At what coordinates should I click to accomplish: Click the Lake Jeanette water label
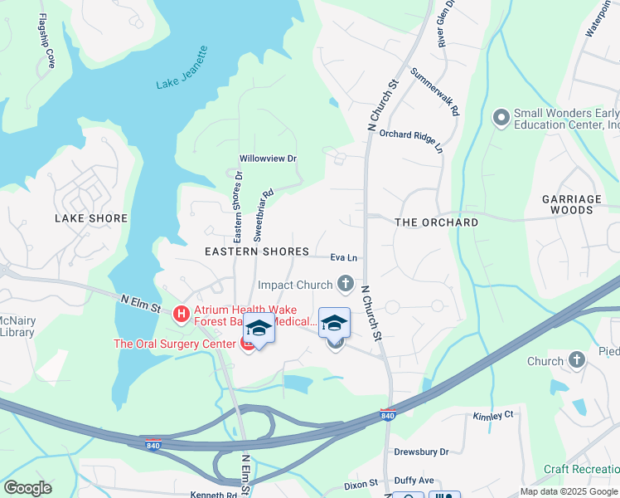tap(182, 68)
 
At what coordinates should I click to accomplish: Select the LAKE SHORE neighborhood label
tap(91, 218)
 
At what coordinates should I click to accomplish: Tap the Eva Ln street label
tap(343, 257)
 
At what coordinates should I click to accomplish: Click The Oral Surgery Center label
tap(175, 344)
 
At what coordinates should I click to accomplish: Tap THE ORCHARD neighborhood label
tap(437, 222)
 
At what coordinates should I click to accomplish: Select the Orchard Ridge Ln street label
tap(412, 140)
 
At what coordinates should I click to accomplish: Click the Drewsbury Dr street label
tap(421, 452)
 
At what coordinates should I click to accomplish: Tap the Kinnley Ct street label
tap(493, 415)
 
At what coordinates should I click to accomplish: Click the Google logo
tap(27, 488)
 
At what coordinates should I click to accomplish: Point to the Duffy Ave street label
tap(414, 480)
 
